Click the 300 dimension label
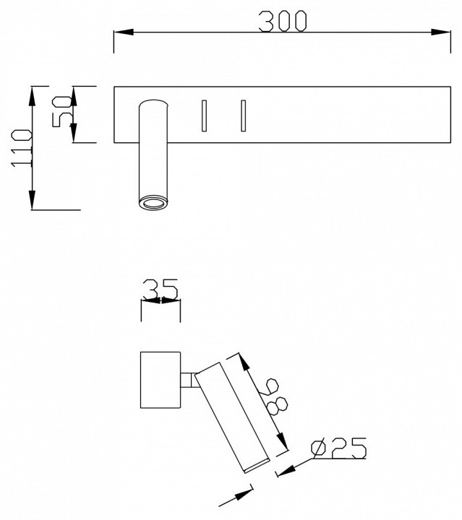point(283,21)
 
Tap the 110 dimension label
point(22,148)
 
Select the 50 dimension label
point(62,111)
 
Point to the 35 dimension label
point(161,288)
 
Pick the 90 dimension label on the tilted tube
point(273,397)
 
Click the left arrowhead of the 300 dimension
point(124,32)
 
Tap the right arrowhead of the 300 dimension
point(441,32)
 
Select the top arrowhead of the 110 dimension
point(33,97)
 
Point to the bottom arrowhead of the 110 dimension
point(33,200)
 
